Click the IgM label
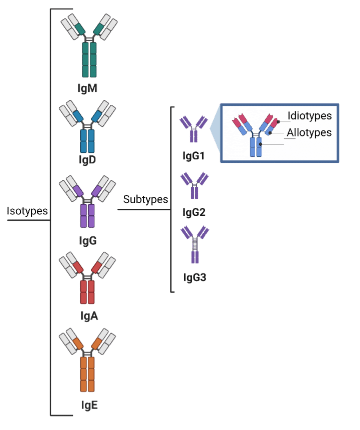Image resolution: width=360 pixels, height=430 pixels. coord(87,88)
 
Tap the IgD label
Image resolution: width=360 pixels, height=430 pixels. coord(87,159)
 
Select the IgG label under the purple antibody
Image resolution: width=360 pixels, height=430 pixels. coord(88,241)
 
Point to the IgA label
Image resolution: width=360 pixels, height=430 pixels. coord(89,316)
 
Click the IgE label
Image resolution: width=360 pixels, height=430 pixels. coord(89,405)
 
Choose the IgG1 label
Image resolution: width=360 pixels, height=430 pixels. coord(194,156)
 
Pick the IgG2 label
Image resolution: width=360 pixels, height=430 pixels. coord(194,212)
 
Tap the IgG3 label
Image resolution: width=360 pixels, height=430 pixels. coord(195,277)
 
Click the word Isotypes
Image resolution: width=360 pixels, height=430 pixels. coord(27,211)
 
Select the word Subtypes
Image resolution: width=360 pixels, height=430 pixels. coord(146,199)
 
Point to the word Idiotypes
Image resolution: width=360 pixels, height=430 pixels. coord(310,115)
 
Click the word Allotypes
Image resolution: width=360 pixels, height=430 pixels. coord(309,132)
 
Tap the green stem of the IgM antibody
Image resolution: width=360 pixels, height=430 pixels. coord(89,59)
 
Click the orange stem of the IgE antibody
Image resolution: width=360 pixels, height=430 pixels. coord(87,374)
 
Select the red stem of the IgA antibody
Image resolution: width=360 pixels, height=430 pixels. coord(87,292)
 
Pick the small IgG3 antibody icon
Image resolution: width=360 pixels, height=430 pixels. coord(195,244)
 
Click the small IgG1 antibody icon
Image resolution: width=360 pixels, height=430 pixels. coord(194,129)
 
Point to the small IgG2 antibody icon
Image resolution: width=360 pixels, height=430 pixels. coord(194,185)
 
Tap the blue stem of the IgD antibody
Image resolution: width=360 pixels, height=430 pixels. coord(87,141)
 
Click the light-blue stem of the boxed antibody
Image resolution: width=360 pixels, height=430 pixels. coord(256,147)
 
